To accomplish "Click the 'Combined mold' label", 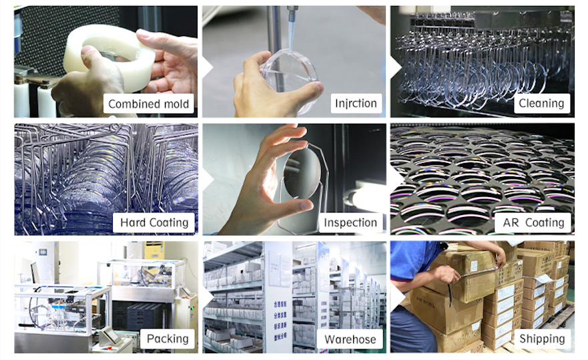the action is click(148, 104).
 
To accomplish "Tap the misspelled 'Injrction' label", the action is click(356, 104).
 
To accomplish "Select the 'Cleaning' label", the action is click(541, 104).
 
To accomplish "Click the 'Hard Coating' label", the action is click(154, 222).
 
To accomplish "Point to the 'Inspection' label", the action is click(350, 222).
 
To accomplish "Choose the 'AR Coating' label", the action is click(533, 222).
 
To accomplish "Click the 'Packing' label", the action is click(168, 339).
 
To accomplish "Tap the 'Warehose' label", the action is click(350, 339).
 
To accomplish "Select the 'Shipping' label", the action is click(542, 339).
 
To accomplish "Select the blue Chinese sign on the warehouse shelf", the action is click(280, 319).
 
